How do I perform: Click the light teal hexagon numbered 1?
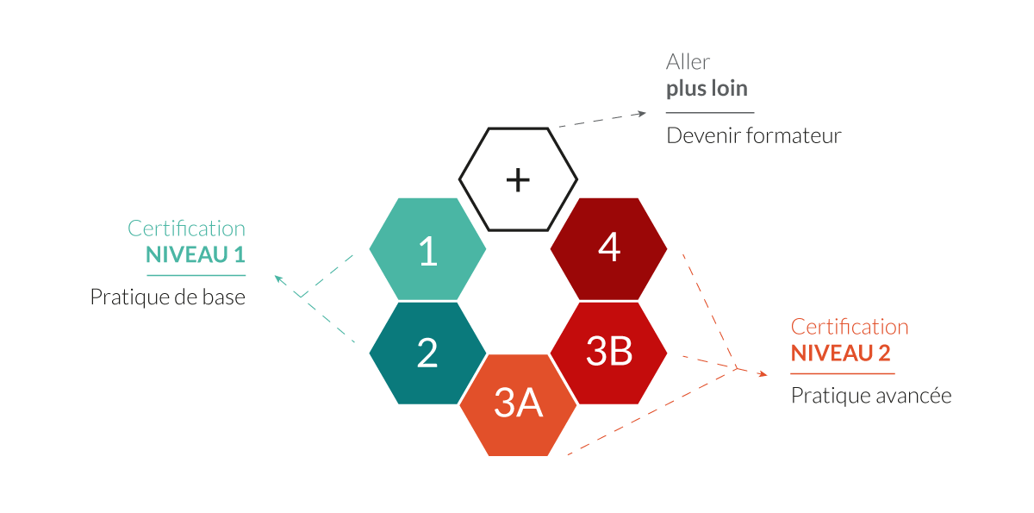[x=427, y=249]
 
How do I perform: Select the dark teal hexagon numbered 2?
[x=427, y=353]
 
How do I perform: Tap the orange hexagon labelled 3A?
[x=518, y=405]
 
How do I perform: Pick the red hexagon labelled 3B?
[x=609, y=353]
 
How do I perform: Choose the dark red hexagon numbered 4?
[x=609, y=249]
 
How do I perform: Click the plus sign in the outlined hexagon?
[x=518, y=179]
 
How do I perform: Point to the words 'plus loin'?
[x=707, y=89]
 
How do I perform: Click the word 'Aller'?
[x=688, y=62]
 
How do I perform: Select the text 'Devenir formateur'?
[x=754, y=135]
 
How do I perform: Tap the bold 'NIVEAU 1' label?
[x=196, y=254]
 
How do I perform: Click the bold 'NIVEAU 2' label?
[x=841, y=353]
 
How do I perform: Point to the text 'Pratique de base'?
[x=167, y=297]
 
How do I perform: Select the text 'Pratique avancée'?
[x=871, y=396]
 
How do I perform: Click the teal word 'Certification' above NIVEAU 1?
[x=186, y=228]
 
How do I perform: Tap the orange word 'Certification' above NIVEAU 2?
[x=850, y=327]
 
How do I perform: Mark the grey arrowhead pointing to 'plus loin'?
[x=641, y=114]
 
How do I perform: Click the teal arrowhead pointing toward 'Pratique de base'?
[x=279, y=278]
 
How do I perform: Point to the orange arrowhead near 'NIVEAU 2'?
[x=762, y=374]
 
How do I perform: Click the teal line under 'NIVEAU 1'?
[x=196, y=276]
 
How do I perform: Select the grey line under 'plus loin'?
[x=710, y=112]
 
